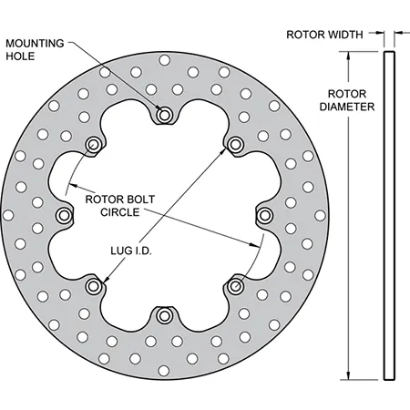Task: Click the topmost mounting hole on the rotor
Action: point(164,115)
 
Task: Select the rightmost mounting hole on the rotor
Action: point(265,215)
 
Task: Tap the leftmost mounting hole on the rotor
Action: point(64,215)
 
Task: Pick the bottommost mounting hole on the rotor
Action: point(164,315)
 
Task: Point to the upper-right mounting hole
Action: point(235,144)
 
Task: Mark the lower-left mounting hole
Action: point(93,286)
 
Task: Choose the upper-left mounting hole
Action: point(93,144)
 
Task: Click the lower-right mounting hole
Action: point(235,286)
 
